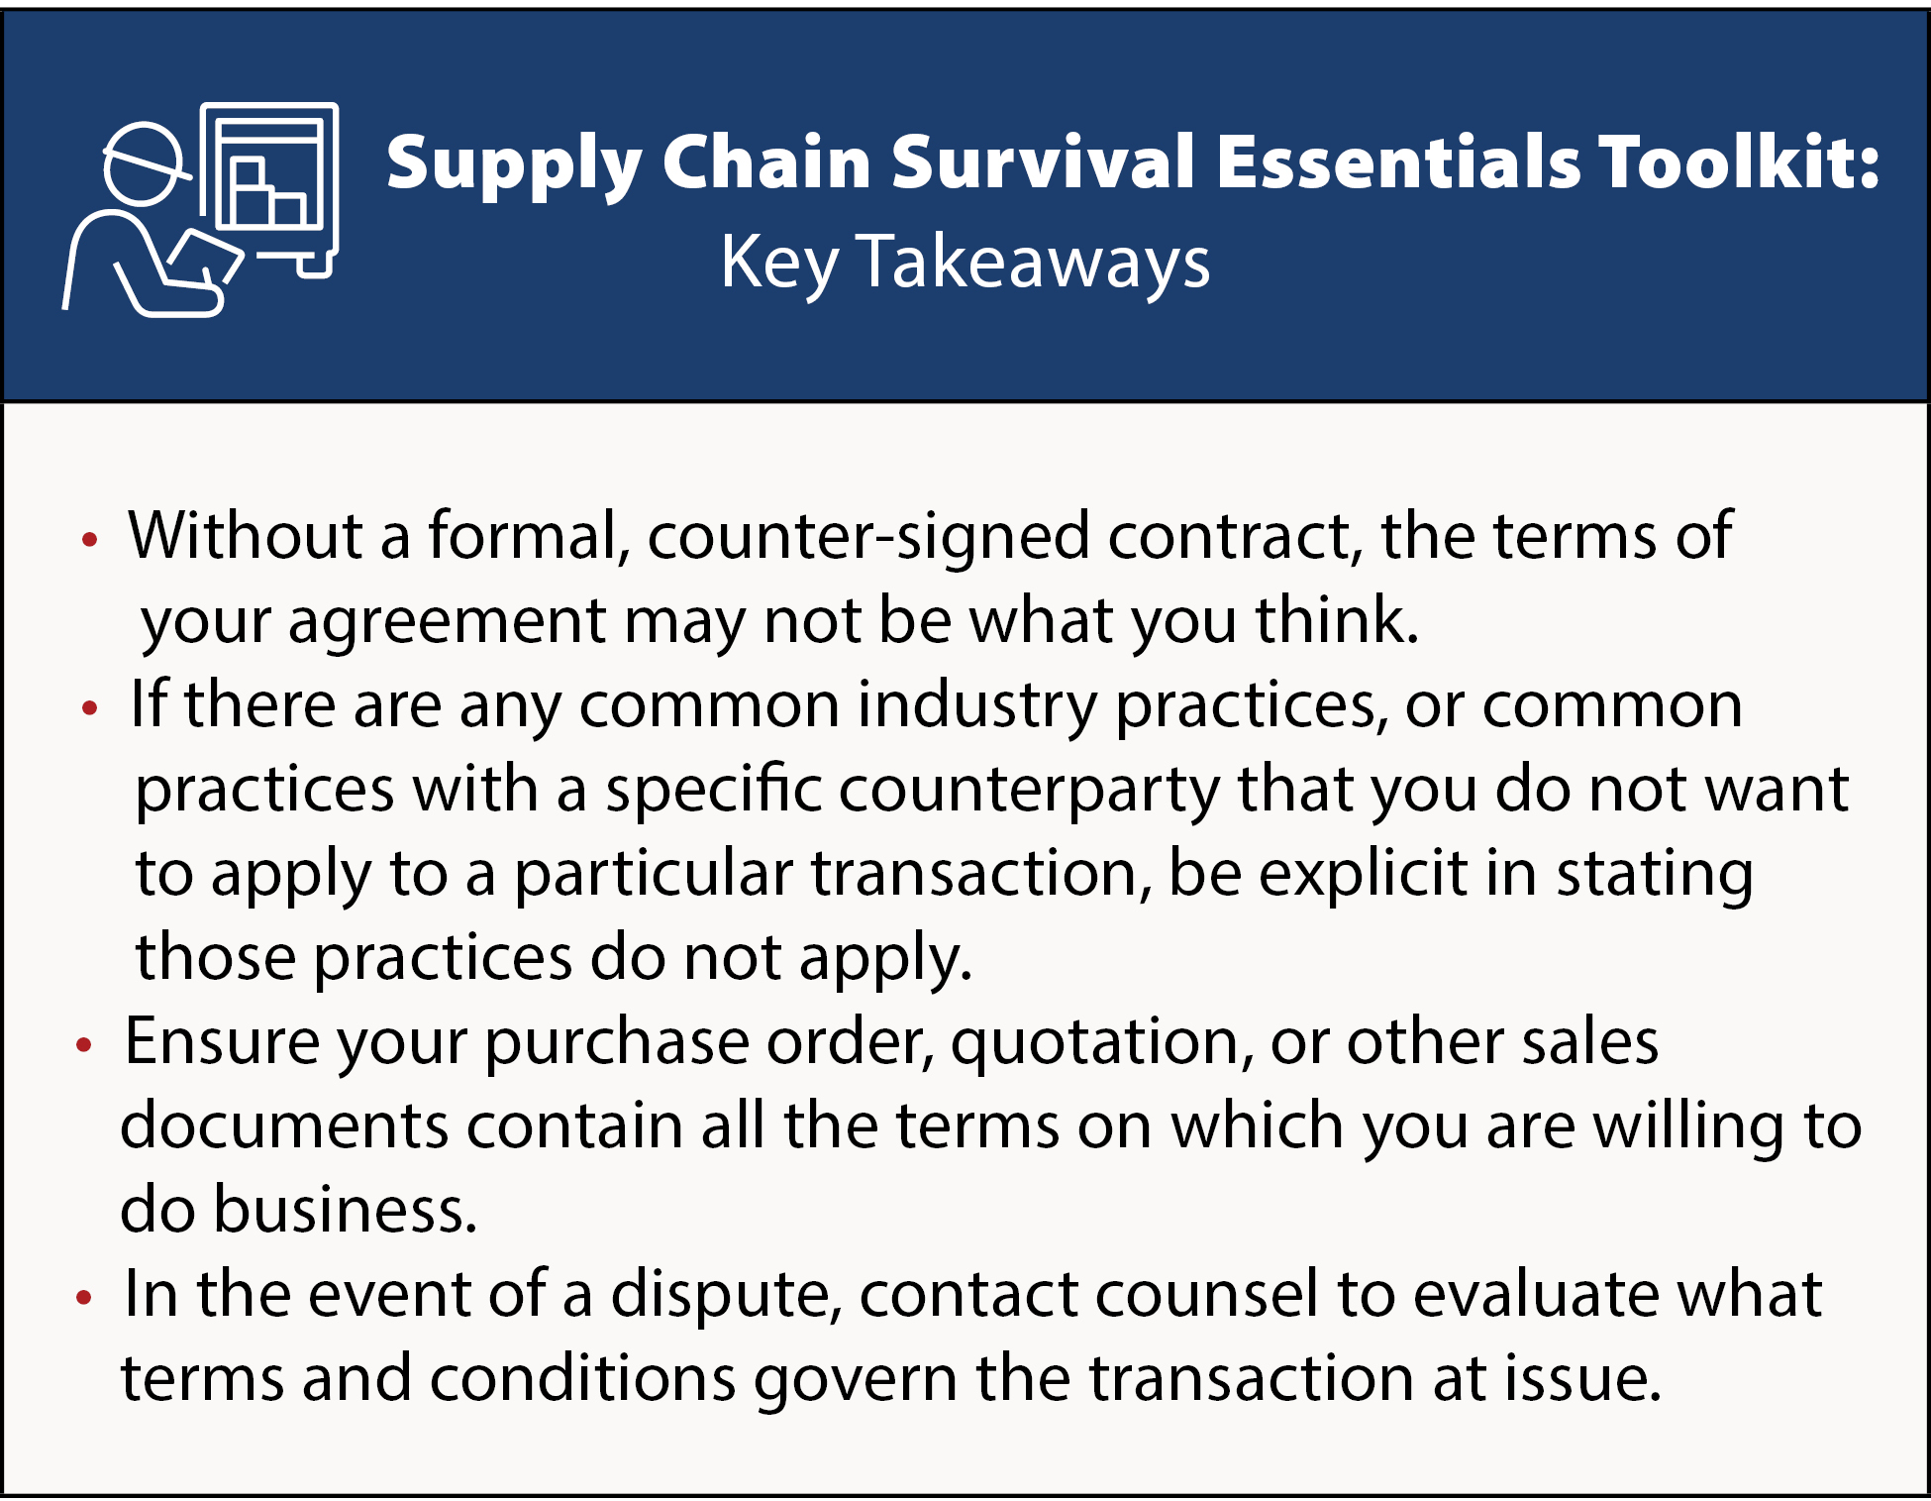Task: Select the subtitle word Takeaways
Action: [1033, 263]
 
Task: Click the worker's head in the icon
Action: [144, 164]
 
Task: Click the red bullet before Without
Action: [90, 540]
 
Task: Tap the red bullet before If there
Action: [90, 707]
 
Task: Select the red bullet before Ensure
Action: [84, 1044]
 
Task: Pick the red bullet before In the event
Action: [84, 1296]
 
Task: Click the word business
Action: [346, 1211]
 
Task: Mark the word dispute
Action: [725, 1296]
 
